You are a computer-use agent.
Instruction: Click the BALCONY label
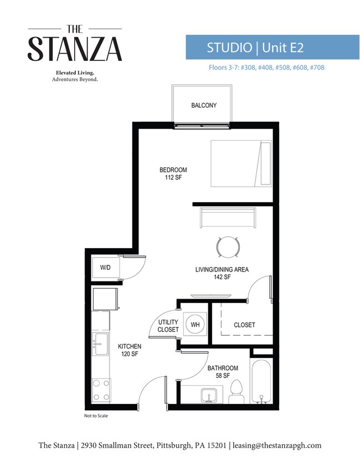[x=203, y=105]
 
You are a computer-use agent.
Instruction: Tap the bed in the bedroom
[x=241, y=164]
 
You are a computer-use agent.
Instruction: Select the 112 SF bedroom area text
[x=173, y=178]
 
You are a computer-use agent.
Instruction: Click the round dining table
[x=228, y=247]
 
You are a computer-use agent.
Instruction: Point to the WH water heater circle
[x=195, y=325]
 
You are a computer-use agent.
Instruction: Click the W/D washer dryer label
[x=105, y=268]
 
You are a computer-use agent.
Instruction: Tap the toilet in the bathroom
[x=235, y=392]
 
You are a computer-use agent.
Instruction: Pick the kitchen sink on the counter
[x=100, y=345]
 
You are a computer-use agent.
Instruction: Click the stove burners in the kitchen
[x=101, y=390]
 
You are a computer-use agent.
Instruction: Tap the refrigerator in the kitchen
[x=105, y=300]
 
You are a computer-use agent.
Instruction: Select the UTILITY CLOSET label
[x=168, y=326]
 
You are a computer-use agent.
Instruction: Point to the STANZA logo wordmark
[x=75, y=49]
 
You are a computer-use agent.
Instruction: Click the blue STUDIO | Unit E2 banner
[x=255, y=47]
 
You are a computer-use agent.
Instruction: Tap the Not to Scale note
[x=96, y=416]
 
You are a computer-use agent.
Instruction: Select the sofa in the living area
[x=228, y=217]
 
